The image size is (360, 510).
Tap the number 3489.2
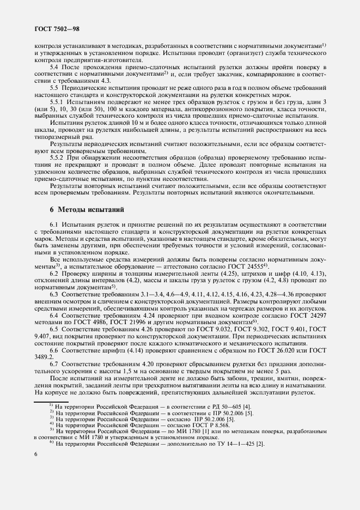(x=46, y=359)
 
